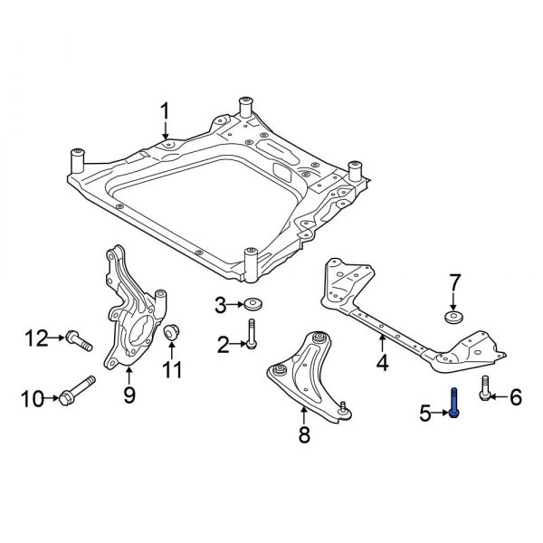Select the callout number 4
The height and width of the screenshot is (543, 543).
pyautogui.click(x=382, y=365)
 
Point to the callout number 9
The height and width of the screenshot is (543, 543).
pyautogui.click(x=129, y=395)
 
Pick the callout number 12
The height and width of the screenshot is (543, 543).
pyautogui.click(x=35, y=339)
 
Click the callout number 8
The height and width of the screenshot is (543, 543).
pyautogui.click(x=304, y=436)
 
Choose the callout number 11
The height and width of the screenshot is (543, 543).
pyautogui.click(x=172, y=369)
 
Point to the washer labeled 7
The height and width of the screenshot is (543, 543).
pyautogui.click(x=453, y=317)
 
